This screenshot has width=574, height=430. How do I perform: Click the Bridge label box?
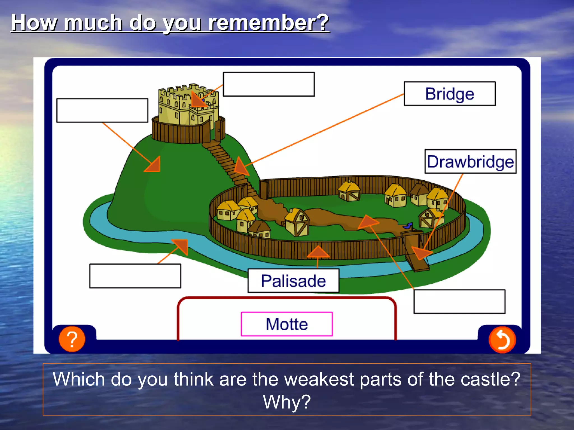point(450,94)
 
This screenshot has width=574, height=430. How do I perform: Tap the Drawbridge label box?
point(470,162)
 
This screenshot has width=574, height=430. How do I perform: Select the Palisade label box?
point(293,281)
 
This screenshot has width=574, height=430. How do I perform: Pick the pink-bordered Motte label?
point(287,324)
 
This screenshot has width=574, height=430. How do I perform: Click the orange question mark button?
point(72,339)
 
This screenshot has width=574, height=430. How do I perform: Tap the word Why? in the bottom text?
point(287,402)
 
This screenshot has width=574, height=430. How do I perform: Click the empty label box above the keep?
point(269,84)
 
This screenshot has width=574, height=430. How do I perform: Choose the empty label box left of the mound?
point(102,110)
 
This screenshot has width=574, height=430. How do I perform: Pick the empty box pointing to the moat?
point(135,276)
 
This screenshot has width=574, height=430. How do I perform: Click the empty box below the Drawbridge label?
point(459,302)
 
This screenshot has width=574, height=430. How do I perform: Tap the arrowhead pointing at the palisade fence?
point(318,252)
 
